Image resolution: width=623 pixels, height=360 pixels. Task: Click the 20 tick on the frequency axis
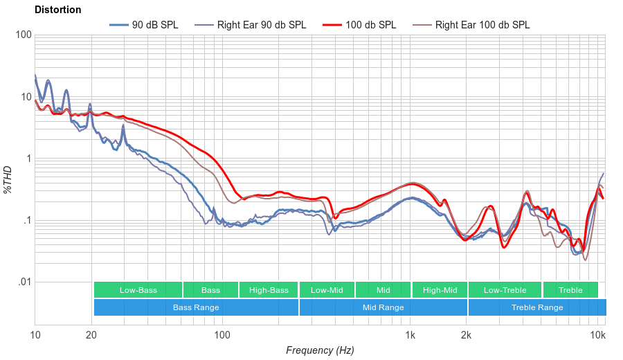[91, 335]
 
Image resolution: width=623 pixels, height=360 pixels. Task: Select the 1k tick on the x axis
[410, 335]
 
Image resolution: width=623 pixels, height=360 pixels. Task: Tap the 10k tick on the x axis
[597, 335]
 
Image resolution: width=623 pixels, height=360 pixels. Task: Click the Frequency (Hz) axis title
[320, 350]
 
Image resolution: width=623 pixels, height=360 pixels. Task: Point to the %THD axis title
[8, 179]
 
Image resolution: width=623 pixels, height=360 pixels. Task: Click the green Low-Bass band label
[138, 290]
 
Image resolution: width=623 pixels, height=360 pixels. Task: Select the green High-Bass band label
[268, 290]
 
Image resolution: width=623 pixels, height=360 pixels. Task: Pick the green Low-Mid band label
[327, 290]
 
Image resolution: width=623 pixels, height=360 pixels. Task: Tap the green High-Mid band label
[440, 290]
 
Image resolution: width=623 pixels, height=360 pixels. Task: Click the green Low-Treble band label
[505, 290]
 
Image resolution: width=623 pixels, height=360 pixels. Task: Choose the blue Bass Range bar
[196, 307]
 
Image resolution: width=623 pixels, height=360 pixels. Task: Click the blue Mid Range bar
[383, 307]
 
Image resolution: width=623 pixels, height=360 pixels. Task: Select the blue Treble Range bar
[536, 307]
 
